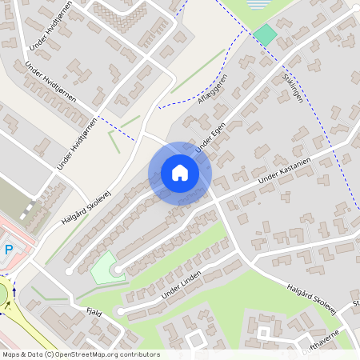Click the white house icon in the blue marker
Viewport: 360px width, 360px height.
point(180,173)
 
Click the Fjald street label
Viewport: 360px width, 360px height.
point(95,314)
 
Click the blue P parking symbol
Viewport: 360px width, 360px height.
point(9,250)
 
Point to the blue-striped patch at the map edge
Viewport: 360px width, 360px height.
point(258,4)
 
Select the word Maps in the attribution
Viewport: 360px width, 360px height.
point(11,354)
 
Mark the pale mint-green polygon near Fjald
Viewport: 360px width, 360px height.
point(102,266)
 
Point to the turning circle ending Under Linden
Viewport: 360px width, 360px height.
point(120,311)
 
